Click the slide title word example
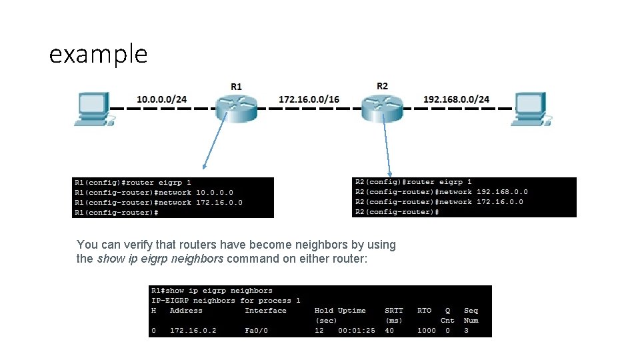click(x=98, y=53)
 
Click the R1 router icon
click(x=236, y=107)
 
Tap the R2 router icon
click(x=382, y=107)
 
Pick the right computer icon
click(x=530, y=109)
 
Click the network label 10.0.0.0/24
click(x=162, y=99)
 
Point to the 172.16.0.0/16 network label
click(x=309, y=99)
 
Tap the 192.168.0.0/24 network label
click(x=456, y=99)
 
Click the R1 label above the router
click(x=237, y=87)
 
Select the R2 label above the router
click(x=382, y=86)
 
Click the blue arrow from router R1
click(x=218, y=143)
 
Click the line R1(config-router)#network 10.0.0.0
click(x=154, y=193)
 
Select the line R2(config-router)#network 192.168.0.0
click(x=441, y=192)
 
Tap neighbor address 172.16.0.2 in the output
click(x=193, y=331)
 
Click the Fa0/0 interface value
click(x=256, y=331)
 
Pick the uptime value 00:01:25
click(x=357, y=331)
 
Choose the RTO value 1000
click(x=427, y=331)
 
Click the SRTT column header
click(x=394, y=311)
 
